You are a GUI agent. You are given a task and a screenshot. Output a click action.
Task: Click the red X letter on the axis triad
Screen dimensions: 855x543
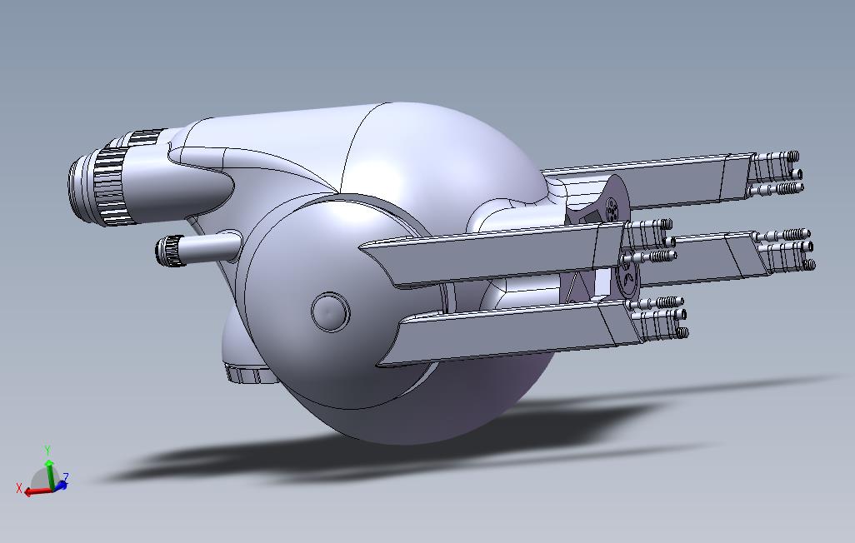[x=19, y=489]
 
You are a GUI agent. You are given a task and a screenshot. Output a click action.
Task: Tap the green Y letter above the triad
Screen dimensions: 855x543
[x=47, y=451]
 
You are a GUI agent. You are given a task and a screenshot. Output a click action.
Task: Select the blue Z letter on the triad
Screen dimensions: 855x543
[x=66, y=477]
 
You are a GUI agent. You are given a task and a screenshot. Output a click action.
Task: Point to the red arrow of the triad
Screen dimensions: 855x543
[x=37, y=491]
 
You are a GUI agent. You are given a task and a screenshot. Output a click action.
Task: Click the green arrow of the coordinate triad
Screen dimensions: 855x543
[x=50, y=474]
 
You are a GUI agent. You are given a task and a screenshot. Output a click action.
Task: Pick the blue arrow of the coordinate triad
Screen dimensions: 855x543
[x=59, y=485]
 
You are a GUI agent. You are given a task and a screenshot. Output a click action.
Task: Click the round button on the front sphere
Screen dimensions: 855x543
[x=331, y=311]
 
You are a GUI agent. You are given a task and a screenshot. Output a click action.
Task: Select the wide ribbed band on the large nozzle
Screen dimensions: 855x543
[x=111, y=186]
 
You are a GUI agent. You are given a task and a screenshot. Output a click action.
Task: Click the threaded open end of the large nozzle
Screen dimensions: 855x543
[x=80, y=183]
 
